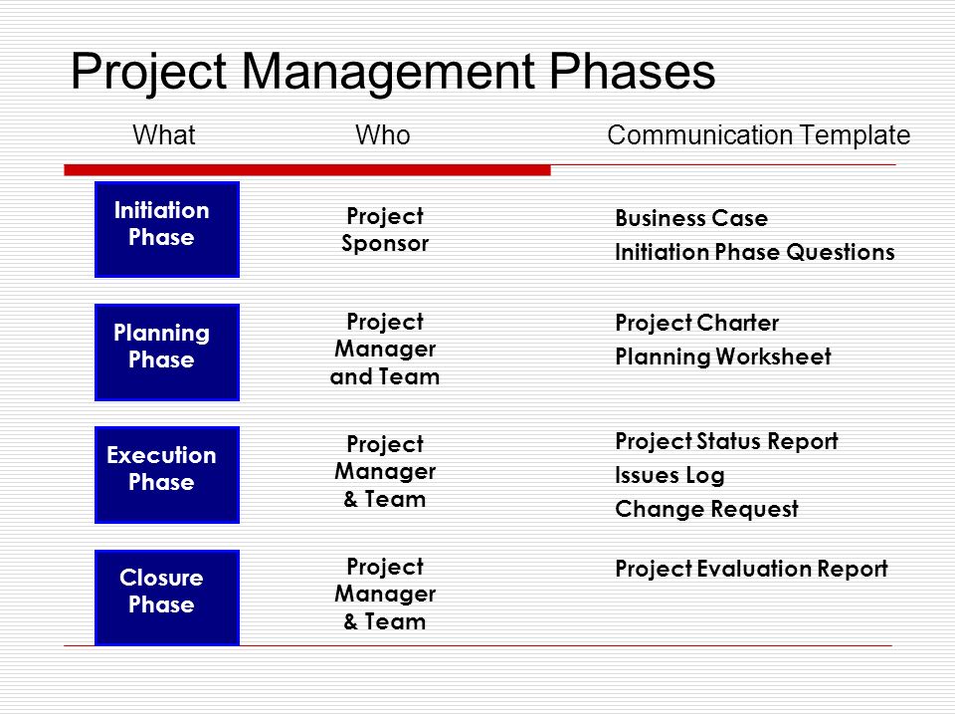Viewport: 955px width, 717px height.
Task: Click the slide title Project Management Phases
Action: [393, 73]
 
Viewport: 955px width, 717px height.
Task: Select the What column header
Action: [164, 135]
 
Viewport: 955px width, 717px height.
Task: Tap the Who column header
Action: [382, 135]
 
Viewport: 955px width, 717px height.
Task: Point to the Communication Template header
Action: [758, 135]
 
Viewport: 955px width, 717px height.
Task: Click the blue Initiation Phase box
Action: [166, 228]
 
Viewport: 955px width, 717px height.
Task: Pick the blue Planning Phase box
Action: [166, 352]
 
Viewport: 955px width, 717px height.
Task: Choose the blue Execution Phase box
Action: [166, 474]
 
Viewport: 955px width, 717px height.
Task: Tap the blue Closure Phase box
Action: [166, 597]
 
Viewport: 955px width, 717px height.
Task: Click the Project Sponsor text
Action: [385, 230]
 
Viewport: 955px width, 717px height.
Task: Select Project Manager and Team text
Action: [385, 350]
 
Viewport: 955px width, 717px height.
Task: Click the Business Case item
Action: [691, 219]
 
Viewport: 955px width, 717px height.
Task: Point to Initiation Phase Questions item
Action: [754, 253]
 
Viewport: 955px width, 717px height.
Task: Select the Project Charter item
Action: [696, 324]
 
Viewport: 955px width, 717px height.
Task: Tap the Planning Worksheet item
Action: [722, 358]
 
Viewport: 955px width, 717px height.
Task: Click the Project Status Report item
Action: [726, 441]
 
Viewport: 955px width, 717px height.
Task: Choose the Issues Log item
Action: [669, 476]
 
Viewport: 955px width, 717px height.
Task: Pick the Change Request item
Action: [706, 510]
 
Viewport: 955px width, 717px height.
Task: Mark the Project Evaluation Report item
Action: [751, 570]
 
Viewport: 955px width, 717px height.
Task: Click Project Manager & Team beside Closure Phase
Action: [385, 595]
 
